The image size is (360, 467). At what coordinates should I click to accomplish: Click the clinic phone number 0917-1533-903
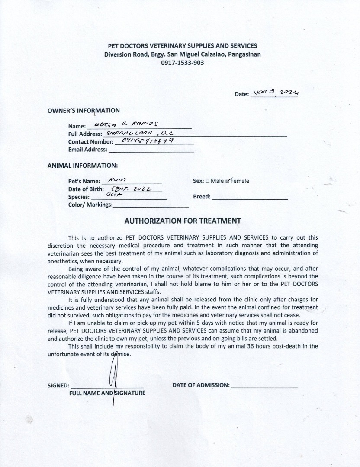[182, 63]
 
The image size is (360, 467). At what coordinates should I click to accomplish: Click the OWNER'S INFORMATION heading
[84, 110]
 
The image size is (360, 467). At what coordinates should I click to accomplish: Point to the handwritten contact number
[148, 141]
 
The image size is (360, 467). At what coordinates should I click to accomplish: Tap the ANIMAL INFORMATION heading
[82, 166]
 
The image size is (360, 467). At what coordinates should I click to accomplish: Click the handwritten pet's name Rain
[117, 180]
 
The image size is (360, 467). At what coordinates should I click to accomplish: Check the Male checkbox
[208, 181]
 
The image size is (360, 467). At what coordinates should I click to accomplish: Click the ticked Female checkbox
[228, 181]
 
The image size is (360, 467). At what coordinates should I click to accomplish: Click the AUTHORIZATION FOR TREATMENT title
[182, 221]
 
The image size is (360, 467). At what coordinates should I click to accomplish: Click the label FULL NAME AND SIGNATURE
[107, 393]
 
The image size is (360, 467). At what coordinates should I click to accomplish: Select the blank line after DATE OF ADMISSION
[264, 385]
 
